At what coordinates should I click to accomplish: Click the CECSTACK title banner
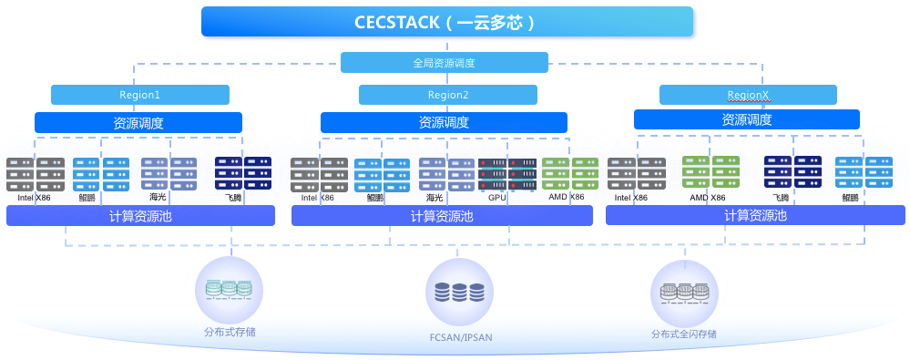(447, 22)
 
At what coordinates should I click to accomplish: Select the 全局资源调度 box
(444, 63)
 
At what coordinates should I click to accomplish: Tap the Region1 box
(140, 95)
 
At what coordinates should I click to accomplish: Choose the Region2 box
(447, 95)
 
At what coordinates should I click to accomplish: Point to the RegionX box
(748, 95)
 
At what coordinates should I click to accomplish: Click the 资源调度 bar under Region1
(138, 122)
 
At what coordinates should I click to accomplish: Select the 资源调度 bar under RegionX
(746, 119)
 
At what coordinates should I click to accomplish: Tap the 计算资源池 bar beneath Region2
(442, 216)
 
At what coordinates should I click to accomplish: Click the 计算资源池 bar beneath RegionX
(755, 215)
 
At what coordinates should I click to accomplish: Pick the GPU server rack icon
(506, 173)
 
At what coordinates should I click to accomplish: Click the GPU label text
(497, 198)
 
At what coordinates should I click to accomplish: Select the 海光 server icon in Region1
(169, 173)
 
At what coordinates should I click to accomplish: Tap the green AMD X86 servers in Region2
(570, 173)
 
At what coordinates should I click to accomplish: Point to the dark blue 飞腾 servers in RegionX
(792, 172)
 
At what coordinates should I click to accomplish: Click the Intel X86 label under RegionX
(631, 198)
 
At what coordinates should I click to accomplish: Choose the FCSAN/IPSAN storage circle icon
(459, 291)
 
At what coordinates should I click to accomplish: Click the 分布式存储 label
(230, 333)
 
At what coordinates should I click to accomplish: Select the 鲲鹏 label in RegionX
(850, 198)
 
